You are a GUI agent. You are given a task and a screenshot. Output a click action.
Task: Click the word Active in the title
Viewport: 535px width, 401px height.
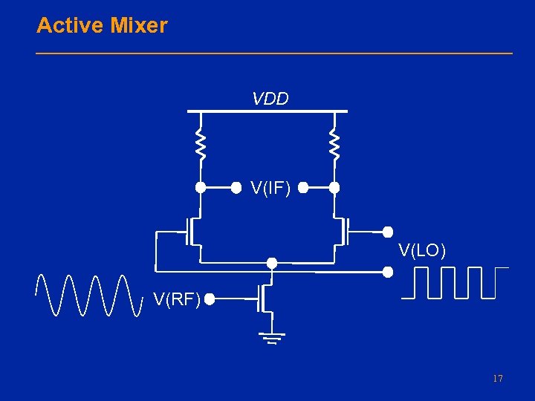[x=70, y=26]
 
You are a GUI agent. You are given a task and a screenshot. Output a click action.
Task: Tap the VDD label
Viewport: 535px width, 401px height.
[x=270, y=99]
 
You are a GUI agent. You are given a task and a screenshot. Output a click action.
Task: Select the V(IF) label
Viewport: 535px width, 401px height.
[x=270, y=189]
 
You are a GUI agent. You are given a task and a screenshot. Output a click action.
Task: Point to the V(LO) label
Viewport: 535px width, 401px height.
[x=422, y=250]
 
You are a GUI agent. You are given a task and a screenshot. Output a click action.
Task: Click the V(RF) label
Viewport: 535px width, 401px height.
[x=177, y=299]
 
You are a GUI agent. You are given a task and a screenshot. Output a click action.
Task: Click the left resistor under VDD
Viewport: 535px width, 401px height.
[x=200, y=146]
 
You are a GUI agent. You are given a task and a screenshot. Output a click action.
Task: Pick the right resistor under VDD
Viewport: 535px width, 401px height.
[x=334, y=146]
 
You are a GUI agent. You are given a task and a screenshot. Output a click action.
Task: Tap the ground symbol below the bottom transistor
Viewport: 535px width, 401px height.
[x=272, y=338]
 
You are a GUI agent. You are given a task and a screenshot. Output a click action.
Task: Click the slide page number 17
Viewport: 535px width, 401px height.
[x=497, y=379]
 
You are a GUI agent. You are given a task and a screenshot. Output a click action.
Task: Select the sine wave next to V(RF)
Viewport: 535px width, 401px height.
[x=89, y=295]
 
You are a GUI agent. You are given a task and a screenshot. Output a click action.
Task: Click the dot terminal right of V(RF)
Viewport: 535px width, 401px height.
[x=210, y=300]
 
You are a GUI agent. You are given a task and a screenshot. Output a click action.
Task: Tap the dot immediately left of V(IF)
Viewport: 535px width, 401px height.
[x=236, y=188]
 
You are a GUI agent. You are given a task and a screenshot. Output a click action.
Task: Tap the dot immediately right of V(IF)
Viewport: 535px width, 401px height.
[x=303, y=188]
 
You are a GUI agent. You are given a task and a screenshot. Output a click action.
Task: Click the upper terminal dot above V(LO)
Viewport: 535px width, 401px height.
[x=387, y=232]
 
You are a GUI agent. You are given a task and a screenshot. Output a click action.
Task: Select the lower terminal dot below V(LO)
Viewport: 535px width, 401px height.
[x=387, y=272]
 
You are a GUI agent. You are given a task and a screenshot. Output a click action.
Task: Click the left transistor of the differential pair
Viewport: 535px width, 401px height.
[x=195, y=232]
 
